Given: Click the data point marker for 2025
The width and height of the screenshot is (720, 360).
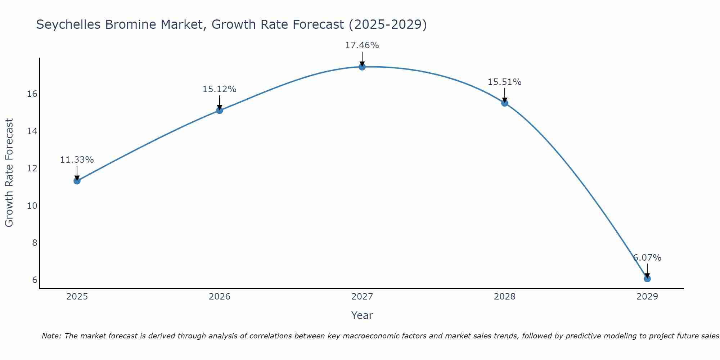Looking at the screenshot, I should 77,181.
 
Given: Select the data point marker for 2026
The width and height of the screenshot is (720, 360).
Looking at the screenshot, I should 220,110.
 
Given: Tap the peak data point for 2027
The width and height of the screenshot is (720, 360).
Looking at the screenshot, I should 362,67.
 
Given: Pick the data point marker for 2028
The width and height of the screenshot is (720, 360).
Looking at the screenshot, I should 505,103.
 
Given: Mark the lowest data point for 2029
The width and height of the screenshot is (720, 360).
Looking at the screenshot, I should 647,279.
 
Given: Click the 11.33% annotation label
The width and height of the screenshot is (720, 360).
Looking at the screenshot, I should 77,160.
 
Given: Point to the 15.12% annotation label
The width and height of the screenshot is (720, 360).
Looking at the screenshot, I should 220,89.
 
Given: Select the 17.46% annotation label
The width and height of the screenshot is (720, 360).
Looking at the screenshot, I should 362,45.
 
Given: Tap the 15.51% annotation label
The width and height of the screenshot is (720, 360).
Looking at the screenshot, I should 505,82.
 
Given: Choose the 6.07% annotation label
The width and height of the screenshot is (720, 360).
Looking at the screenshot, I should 647,258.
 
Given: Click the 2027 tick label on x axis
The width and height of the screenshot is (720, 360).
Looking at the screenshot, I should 362,297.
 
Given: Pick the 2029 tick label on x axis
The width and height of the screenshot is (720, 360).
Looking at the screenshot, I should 647,297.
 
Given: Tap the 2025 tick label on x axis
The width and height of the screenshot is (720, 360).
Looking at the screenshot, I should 77,297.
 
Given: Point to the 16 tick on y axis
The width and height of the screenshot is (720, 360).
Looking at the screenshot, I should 32,94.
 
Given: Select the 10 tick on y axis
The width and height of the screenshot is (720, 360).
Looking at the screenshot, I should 32,206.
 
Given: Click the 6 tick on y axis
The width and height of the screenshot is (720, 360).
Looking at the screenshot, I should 35,280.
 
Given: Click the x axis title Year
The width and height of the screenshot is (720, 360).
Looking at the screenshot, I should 362,315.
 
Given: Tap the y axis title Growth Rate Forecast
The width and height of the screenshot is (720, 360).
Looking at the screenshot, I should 9,173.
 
